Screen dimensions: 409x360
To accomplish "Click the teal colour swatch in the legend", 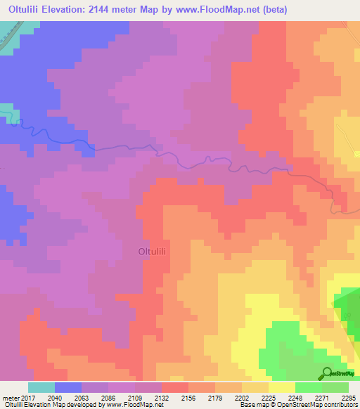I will pyautogui.click(x=41, y=387).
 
